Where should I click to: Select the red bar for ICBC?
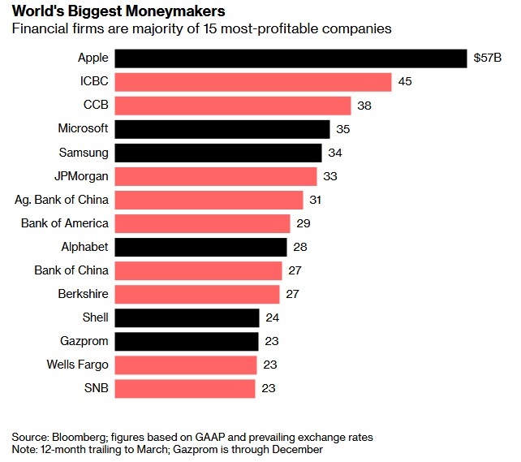(x=253, y=82)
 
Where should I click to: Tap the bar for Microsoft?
(x=222, y=129)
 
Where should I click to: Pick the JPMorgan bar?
(x=216, y=176)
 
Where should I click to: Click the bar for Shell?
(x=187, y=317)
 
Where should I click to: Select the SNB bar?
(x=185, y=388)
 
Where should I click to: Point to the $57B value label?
(x=488, y=58)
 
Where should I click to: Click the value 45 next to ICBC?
(x=405, y=82)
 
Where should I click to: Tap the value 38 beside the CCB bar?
(x=364, y=106)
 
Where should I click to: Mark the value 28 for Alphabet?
(x=301, y=247)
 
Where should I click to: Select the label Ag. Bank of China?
(x=62, y=200)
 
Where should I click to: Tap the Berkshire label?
(x=83, y=294)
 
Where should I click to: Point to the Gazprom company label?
(x=84, y=341)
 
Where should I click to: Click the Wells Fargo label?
(x=77, y=365)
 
